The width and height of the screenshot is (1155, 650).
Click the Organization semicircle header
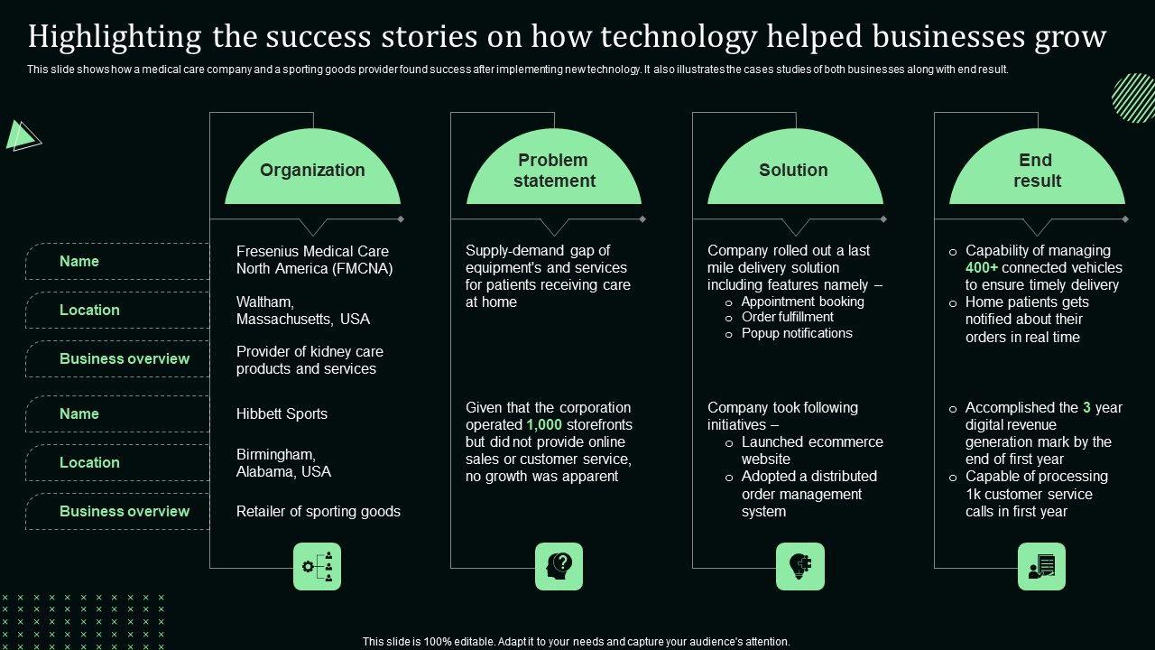pyautogui.click(x=312, y=171)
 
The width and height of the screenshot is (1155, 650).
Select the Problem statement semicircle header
pyautogui.click(x=554, y=171)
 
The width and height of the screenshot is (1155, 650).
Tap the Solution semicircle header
pyautogui.click(x=794, y=171)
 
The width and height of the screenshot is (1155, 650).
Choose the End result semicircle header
pyautogui.click(x=1037, y=171)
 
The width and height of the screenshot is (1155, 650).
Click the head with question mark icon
pyautogui.click(x=559, y=566)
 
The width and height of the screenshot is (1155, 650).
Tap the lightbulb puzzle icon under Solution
pyautogui.click(x=800, y=566)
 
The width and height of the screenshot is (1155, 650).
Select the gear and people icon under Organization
pyautogui.click(x=318, y=566)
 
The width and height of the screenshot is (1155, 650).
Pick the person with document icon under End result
pyautogui.click(x=1041, y=566)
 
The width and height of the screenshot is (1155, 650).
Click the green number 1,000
pyautogui.click(x=543, y=424)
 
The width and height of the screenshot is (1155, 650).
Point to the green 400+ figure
pyautogui.click(x=982, y=267)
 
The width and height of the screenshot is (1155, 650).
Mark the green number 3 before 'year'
pyautogui.click(x=1087, y=407)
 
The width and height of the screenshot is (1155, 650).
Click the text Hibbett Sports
pyautogui.click(x=282, y=413)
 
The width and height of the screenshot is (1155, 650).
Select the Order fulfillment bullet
pyautogui.click(x=787, y=317)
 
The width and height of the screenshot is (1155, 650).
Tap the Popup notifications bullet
pyautogui.click(x=797, y=333)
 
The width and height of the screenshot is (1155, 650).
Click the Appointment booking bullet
pyautogui.click(x=802, y=302)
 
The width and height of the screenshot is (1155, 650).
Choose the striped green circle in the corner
pyautogui.click(x=1132, y=97)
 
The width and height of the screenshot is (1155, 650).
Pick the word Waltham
pyautogui.click(x=265, y=302)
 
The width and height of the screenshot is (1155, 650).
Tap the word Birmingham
pyautogui.click(x=275, y=454)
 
